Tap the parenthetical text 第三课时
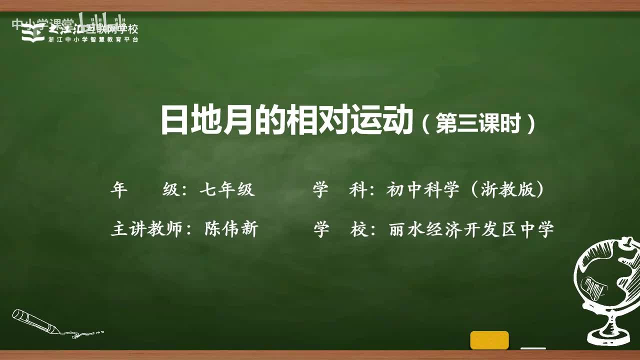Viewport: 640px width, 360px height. pyautogui.click(x=478, y=123)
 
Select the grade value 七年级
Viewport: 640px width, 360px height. pyautogui.click(x=227, y=190)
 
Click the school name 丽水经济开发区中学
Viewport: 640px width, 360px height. pyautogui.click(x=471, y=229)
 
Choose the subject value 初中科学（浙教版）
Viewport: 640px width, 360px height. pyautogui.click(x=465, y=190)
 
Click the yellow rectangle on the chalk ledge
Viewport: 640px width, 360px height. pyautogui.click(x=489, y=340)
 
